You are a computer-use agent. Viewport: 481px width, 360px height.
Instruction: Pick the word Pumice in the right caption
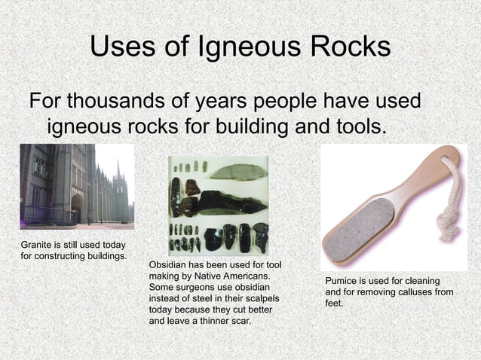[x=341, y=281]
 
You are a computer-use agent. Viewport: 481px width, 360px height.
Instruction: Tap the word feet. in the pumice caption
[x=334, y=303]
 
